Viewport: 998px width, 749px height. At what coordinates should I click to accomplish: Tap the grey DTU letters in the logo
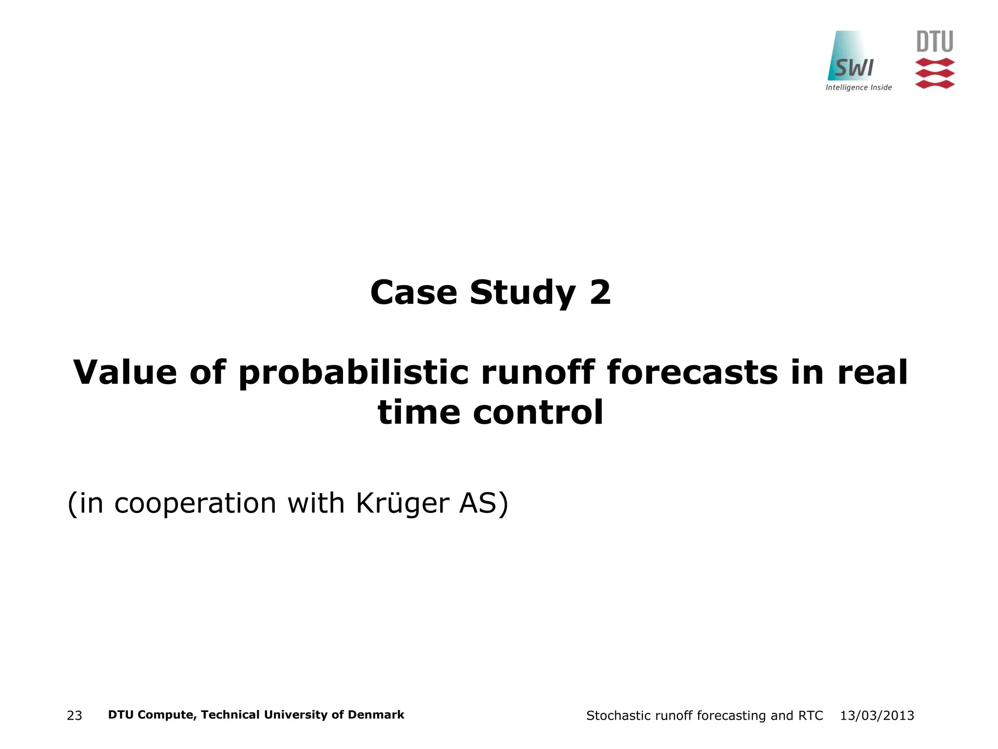935,42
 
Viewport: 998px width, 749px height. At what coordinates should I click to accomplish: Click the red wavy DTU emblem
935,74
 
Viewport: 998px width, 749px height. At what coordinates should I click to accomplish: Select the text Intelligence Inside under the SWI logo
859,88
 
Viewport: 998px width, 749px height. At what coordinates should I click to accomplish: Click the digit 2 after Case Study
600,293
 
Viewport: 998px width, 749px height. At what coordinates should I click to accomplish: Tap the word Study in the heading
523,294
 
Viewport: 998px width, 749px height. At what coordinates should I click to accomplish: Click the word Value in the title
125,373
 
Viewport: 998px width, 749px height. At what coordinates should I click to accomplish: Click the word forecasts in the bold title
692,373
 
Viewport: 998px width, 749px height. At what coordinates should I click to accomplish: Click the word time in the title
419,413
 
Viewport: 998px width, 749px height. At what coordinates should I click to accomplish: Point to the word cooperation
195,504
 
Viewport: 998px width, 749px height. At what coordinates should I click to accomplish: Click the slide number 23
75,716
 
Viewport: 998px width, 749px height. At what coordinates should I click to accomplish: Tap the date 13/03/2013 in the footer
877,716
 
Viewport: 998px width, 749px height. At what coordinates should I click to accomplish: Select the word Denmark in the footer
376,715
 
